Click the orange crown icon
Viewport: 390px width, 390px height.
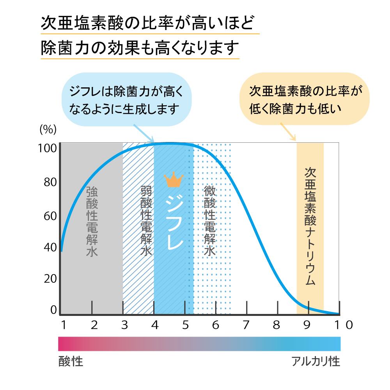pyautogui.click(x=174, y=180)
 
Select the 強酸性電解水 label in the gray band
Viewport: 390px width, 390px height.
pyautogui.click(x=92, y=221)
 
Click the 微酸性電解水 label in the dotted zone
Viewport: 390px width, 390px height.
pyautogui.click(x=210, y=221)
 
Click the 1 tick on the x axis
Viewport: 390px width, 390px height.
pyautogui.click(x=63, y=324)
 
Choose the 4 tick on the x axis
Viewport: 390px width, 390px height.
pyautogui.click(x=154, y=324)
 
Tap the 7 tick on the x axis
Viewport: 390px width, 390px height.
pyautogui.click(x=246, y=324)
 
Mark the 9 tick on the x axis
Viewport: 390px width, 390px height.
pyautogui.click(x=307, y=324)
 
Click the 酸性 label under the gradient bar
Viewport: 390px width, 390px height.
pyautogui.click(x=71, y=361)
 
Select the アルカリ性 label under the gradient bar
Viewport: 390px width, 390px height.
pyautogui.click(x=316, y=361)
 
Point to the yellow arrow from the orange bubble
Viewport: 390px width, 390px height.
pyautogui.click(x=289, y=131)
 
